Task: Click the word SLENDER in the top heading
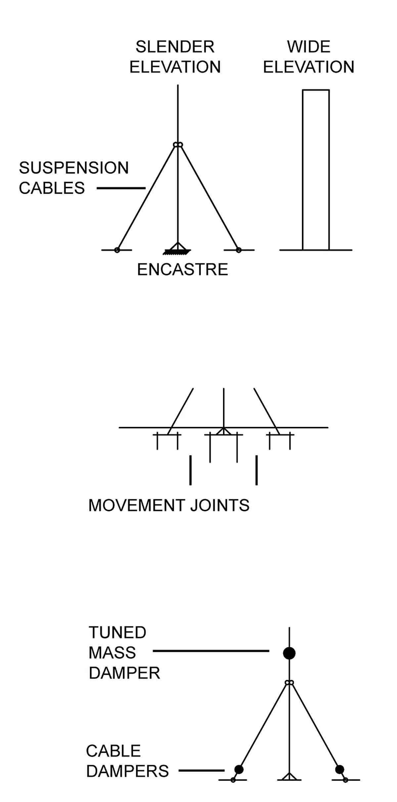tap(175, 47)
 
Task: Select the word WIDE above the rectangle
tap(309, 47)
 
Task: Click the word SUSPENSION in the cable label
tap(74, 168)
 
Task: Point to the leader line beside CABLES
tap(121, 188)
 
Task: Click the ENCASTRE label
tap(183, 269)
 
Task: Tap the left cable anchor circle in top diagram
tap(117, 250)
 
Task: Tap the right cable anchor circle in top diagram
tap(239, 250)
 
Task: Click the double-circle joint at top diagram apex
tap(178, 145)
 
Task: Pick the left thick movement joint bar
tap(190, 470)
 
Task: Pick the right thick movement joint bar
tap(257, 470)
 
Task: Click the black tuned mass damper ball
tap(289, 653)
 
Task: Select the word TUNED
tap(117, 633)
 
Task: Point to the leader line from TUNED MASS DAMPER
tap(211, 651)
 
